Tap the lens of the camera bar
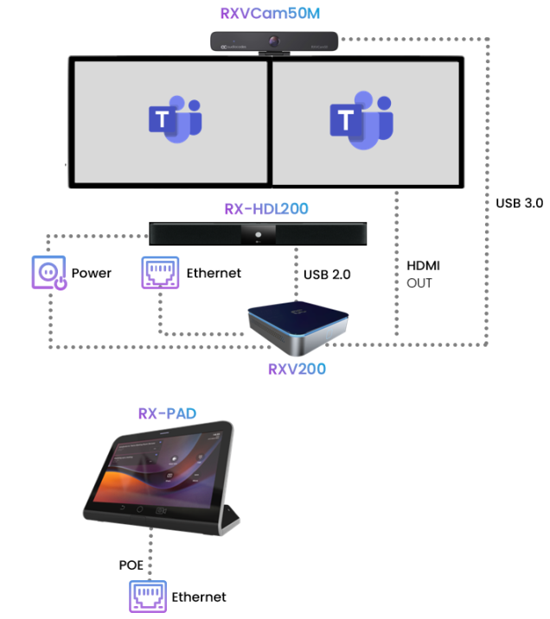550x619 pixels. [276, 41]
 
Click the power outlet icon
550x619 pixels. [48, 273]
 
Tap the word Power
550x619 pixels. [92, 273]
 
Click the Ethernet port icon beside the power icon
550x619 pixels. [160, 273]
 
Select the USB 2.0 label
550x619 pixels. [329, 275]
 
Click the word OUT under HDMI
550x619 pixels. [419, 283]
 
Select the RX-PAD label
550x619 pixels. [167, 413]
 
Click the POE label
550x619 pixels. [132, 565]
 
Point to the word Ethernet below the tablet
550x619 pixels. [199, 597]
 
